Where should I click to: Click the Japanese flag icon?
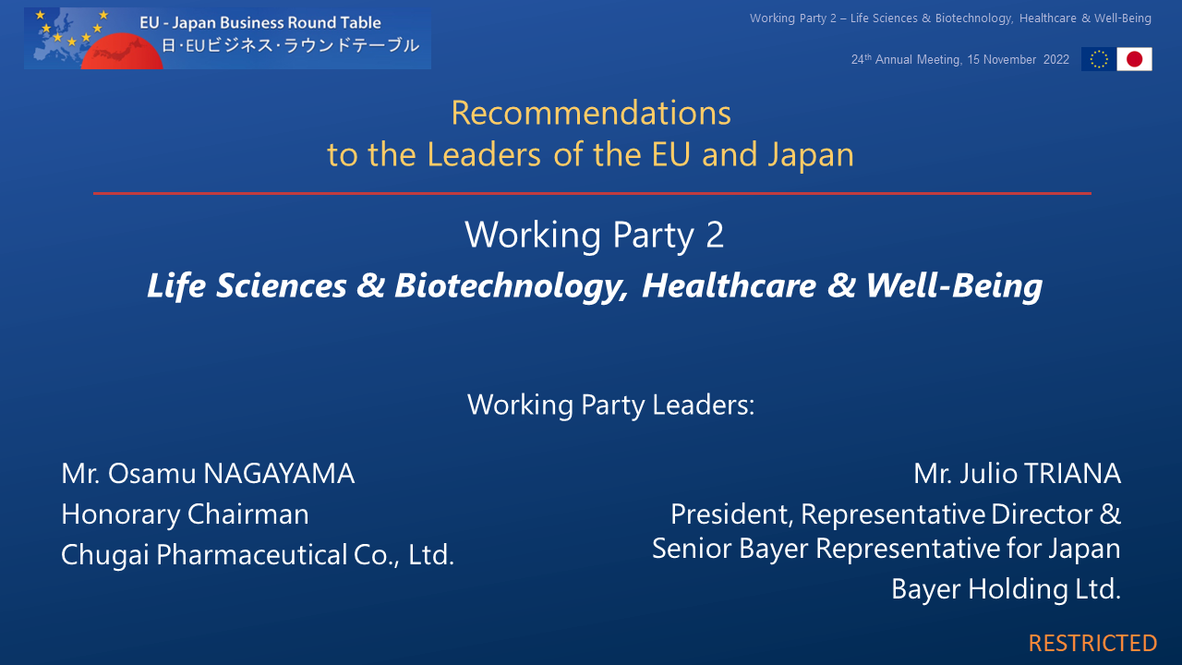(x=1135, y=59)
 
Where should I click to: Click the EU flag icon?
(x=1099, y=59)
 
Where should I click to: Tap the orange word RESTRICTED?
(x=1092, y=644)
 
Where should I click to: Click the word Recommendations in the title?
(x=591, y=113)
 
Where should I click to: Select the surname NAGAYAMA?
(x=279, y=474)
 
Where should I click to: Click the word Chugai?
(x=104, y=556)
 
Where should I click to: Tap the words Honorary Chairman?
(x=185, y=515)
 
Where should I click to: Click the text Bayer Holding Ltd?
(x=1006, y=589)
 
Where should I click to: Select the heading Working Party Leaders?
(x=611, y=405)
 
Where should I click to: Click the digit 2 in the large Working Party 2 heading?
(x=715, y=235)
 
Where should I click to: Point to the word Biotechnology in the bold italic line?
(x=512, y=286)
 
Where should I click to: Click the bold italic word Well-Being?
(x=954, y=285)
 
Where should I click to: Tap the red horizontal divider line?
(x=592, y=194)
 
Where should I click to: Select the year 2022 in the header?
(x=1056, y=60)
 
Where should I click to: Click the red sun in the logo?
(x=122, y=52)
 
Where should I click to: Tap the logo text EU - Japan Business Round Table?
(x=260, y=23)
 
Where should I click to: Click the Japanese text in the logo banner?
(x=290, y=46)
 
